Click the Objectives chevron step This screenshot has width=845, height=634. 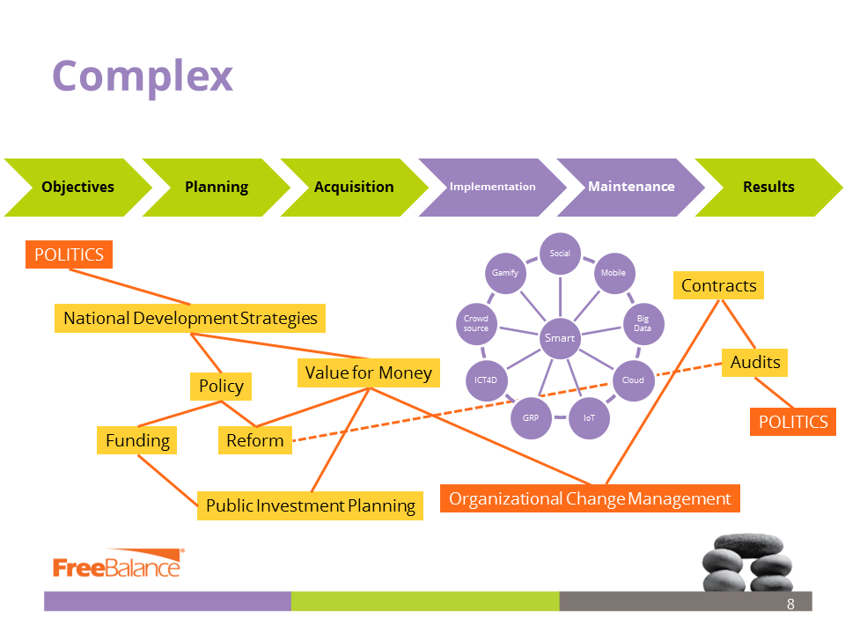(77, 187)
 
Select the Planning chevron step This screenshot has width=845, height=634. (217, 187)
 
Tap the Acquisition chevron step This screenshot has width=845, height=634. (354, 187)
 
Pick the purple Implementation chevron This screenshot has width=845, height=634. (493, 187)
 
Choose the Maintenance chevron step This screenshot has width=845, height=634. (631, 187)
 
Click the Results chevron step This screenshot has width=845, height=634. (768, 187)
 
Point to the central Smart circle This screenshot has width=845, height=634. (560, 338)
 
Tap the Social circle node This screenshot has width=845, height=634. (561, 254)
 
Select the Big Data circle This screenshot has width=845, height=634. (643, 323)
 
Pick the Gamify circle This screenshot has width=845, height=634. (505, 273)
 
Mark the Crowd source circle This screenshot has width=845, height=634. (476, 323)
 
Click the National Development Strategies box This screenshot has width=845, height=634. (190, 318)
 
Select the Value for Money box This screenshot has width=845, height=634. (368, 372)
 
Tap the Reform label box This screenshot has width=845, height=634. (255, 440)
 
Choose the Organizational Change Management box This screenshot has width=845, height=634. (590, 498)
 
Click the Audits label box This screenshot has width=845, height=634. (755, 362)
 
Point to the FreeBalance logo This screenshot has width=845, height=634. (117, 566)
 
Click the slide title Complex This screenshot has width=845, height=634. (143, 76)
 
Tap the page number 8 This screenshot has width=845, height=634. (790, 604)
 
